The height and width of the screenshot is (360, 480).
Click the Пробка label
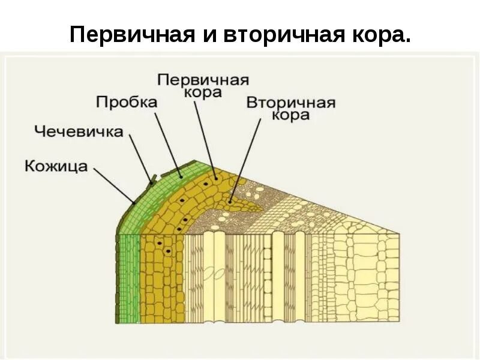click(127, 101)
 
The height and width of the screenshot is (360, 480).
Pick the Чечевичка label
click(79, 131)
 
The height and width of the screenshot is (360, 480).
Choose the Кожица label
click(56, 166)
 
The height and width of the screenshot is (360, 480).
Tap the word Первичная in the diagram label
click(203, 80)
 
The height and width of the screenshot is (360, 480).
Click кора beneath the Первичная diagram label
click(204, 93)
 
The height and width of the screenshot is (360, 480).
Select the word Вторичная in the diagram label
click(291, 101)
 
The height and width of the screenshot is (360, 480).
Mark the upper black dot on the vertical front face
click(160, 242)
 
